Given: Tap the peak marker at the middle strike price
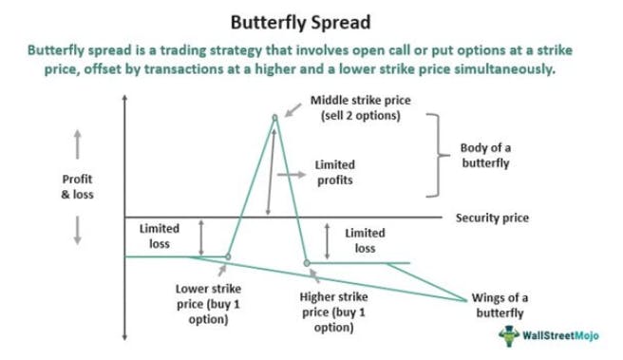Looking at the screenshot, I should (275, 118).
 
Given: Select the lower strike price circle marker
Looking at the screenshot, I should (228, 256).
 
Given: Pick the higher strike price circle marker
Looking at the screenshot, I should (307, 262).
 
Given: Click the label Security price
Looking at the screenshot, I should (492, 218).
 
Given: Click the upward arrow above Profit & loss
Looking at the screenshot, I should (77, 144).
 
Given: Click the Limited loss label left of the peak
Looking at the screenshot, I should (159, 237).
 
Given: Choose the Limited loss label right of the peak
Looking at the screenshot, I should (366, 239).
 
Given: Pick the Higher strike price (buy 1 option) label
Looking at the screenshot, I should (332, 312).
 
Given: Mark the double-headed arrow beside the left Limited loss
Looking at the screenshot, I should (199, 237).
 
